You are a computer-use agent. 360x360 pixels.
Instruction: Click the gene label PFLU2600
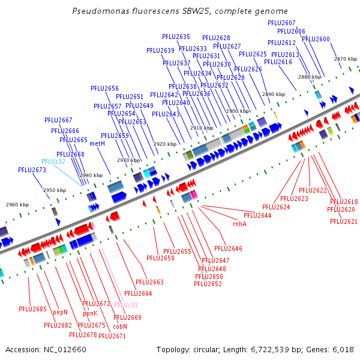coord(316,39)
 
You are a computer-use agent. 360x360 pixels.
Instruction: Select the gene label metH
coord(97,143)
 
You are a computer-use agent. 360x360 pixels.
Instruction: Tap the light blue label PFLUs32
coord(53,161)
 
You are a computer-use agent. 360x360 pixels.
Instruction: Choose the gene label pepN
coord(60,312)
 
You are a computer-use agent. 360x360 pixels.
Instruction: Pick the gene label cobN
coord(120,326)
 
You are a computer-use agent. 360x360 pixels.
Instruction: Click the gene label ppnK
coord(90,313)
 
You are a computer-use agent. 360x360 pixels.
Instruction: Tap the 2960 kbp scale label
coord(17,205)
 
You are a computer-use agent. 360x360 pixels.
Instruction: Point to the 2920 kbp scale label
coord(164,144)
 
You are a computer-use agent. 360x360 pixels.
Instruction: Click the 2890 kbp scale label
coord(273,94)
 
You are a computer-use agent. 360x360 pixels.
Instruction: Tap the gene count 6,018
coord(341,349)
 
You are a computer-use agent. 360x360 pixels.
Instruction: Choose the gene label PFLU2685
coord(32,309)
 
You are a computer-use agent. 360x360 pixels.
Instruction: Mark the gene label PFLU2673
coord(32,170)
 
